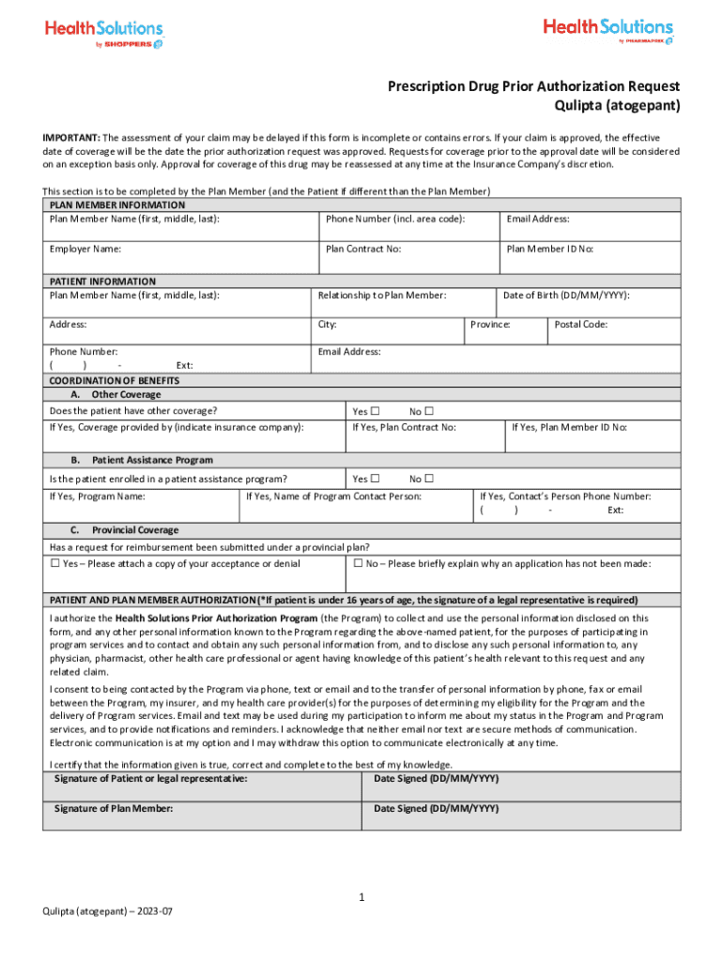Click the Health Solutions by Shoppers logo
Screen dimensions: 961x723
[x=104, y=34]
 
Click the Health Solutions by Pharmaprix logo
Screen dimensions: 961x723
[x=608, y=31]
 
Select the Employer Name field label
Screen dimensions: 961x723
[x=85, y=250]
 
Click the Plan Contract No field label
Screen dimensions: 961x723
[x=363, y=250]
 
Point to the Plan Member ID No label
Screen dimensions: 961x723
[x=550, y=250]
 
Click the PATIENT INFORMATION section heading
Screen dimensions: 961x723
[x=102, y=282]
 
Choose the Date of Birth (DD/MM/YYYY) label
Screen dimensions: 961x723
[x=566, y=296]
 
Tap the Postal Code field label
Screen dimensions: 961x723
[x=581, y=325]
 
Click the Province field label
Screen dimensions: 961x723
[x=490, y=325]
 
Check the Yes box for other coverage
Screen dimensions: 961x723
[x=375, y=412]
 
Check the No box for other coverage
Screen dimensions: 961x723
[x=429, y=412]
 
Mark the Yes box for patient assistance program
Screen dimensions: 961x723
[x=375, y=479]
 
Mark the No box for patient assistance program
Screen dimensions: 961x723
[x=429, y=479]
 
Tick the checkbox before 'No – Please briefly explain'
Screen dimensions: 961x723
[x=358, y=564]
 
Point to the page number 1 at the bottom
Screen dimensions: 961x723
[x=361, y=898]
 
